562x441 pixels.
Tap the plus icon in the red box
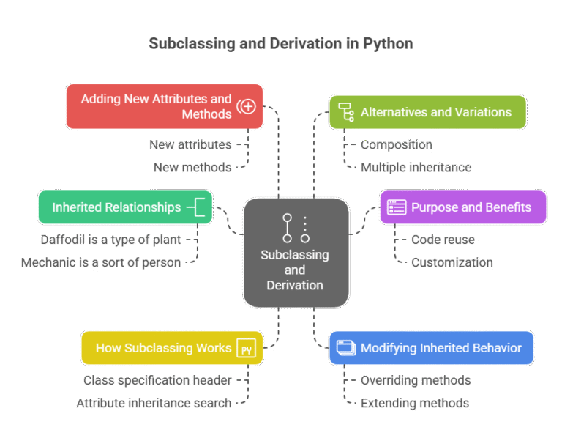coord(247,107)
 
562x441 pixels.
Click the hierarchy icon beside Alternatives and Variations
coord(345,112)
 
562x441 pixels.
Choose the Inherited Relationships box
coord(116,207)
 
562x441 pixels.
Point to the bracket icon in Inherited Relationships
coord(198,207)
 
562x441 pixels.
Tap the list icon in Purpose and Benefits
coord(397,207)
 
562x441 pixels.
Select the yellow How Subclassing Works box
coord(163,348)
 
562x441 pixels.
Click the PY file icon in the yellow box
coord(247,349)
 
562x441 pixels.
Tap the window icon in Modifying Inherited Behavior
coord(345,348)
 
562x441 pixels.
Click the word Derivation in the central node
coord(295,285)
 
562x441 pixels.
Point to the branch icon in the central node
coord(296,228)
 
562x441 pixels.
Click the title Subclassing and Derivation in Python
coord(281,44)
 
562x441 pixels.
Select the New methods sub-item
coord(192,167)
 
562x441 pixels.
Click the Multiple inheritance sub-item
coord(415,167)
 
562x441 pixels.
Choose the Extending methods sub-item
coord(414,403)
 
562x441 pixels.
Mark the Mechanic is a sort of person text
coord(101,262)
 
